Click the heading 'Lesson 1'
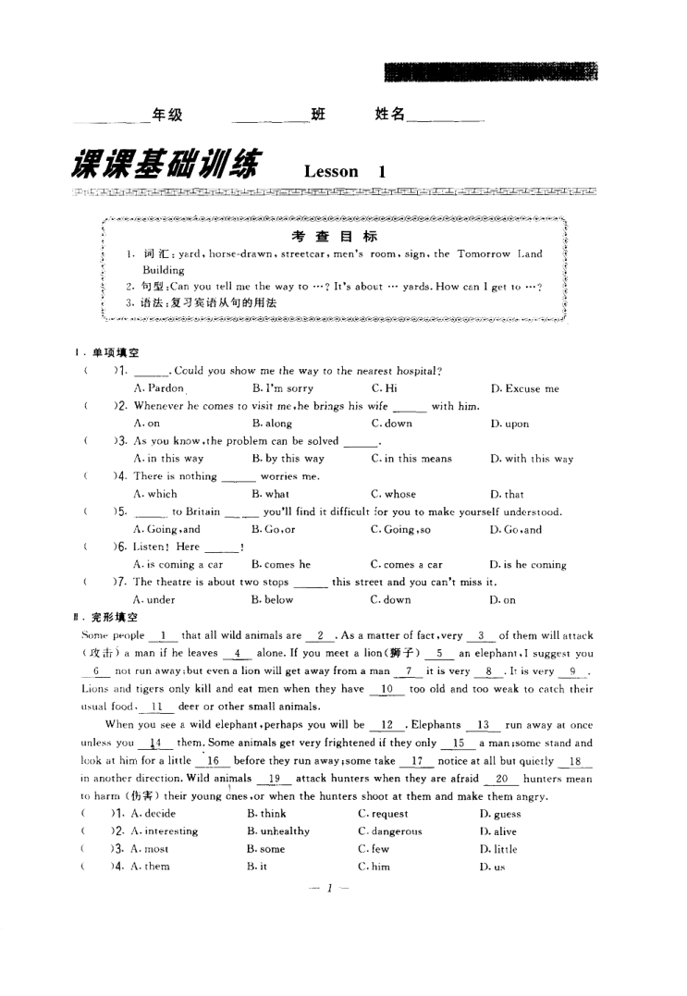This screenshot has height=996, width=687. (x=344, y=171)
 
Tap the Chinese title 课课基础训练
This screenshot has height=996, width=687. (x=165, y=164)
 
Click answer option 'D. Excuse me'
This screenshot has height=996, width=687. (x=524, y=388)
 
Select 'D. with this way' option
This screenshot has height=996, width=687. (x=532, y=458)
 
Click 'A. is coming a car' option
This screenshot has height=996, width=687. (x=178, y=564)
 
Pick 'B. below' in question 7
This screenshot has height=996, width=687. (x=272, y=599)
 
